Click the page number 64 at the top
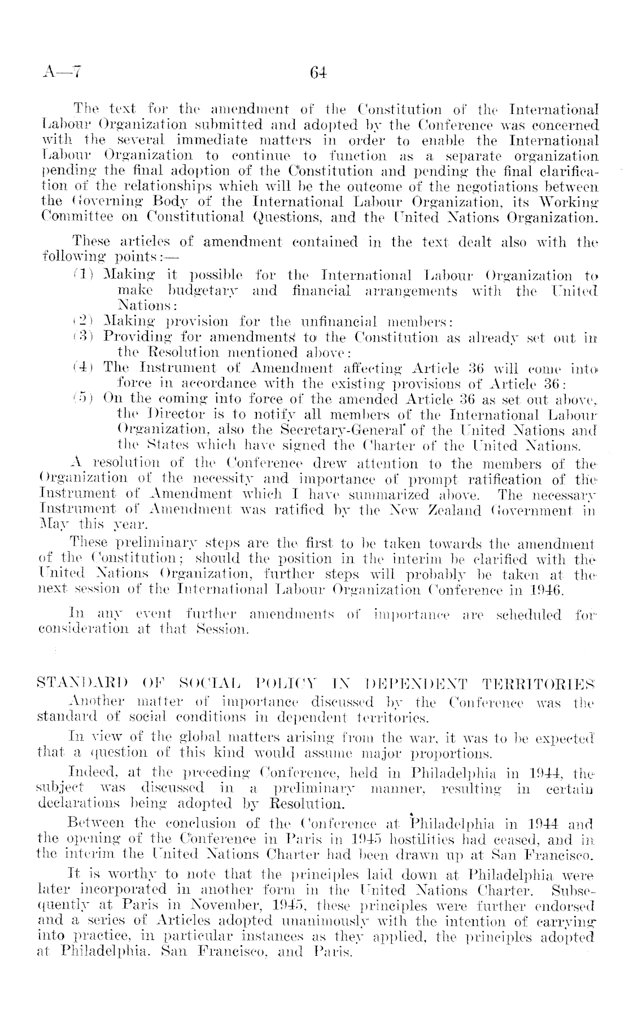(318, 73)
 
